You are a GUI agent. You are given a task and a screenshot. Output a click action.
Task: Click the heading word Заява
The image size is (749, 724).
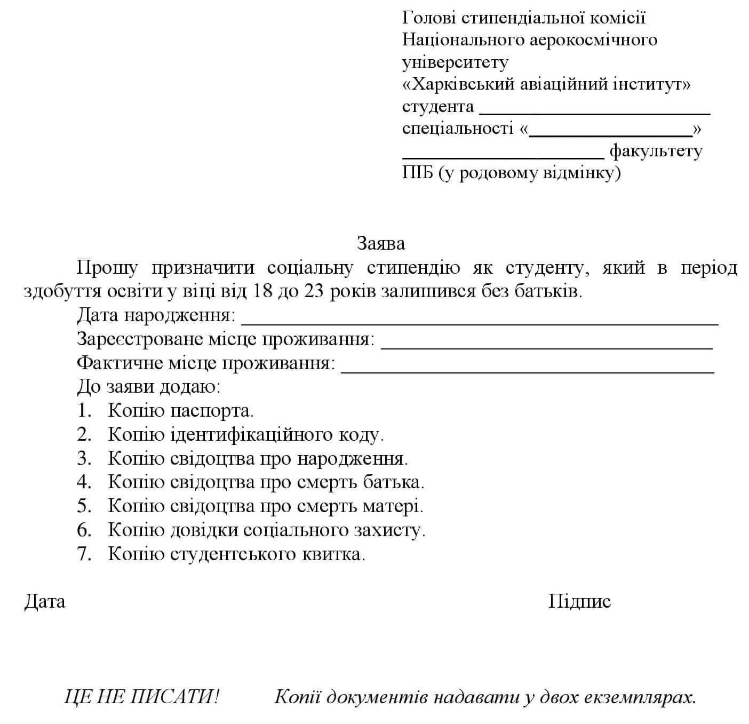(x=381, y=244)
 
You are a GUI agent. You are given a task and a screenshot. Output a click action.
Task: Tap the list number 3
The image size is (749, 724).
(x=84, y=458)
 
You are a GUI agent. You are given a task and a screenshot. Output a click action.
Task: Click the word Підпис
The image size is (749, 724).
(x=579, y=602)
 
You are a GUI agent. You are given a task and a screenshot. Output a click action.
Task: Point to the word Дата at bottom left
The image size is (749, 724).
(x=45, y=602)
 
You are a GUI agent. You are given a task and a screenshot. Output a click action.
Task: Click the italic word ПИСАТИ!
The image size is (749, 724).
(x=175, y=697)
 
